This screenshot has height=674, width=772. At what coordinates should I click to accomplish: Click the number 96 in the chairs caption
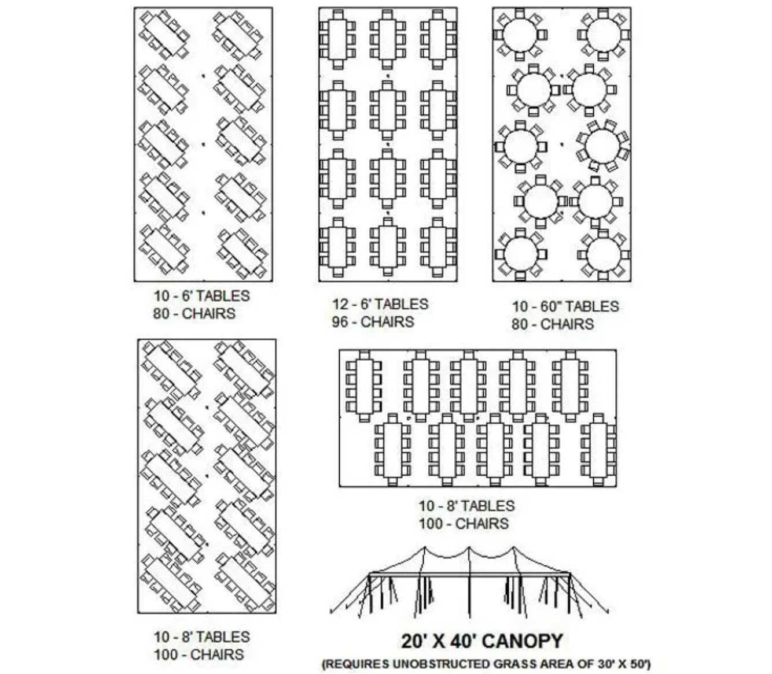click(340, 321)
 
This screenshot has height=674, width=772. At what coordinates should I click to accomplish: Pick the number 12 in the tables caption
click(340, 303)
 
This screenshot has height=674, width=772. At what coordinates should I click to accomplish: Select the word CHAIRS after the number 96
click(388, 321)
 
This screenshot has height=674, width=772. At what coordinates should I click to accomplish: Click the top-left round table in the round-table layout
click(520, 35)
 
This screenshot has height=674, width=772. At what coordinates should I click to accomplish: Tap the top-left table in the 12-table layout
click(338, 39)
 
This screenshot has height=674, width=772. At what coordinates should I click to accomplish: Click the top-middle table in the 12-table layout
click(388, 39)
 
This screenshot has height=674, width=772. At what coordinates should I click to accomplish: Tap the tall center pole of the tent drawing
click(470, 583)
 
